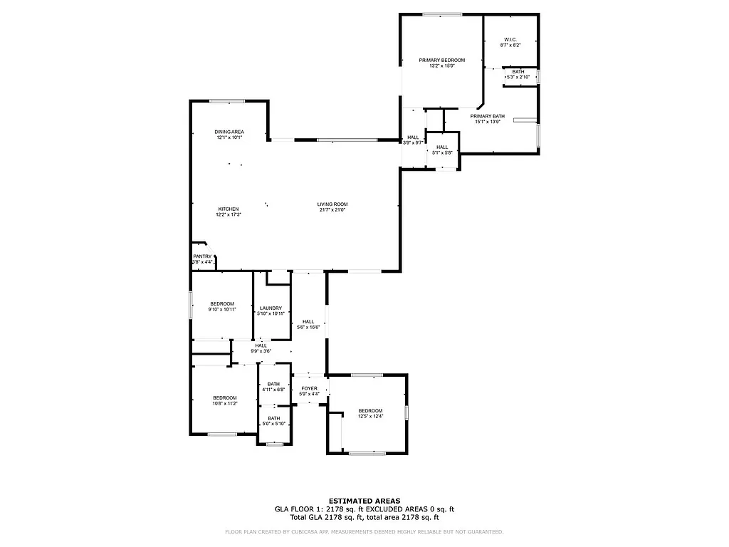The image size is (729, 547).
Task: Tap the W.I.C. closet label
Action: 510,39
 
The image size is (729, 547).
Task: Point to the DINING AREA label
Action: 229,132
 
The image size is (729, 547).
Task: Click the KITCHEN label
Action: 228,209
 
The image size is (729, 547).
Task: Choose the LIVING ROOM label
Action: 332,204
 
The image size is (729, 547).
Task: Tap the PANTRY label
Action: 202,256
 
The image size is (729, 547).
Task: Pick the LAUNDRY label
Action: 271,308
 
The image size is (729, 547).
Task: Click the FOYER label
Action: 309,388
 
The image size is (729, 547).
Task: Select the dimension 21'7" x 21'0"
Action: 332,210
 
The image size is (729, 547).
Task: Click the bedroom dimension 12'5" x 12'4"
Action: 370,417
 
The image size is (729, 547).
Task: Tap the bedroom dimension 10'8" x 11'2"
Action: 225,404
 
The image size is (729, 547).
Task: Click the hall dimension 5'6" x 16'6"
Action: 308,327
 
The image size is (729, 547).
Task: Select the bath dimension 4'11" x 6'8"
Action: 273,390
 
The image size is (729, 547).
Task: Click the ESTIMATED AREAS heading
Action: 364,501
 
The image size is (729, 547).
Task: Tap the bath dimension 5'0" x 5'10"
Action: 273,424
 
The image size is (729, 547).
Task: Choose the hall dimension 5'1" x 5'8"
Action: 442,152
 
